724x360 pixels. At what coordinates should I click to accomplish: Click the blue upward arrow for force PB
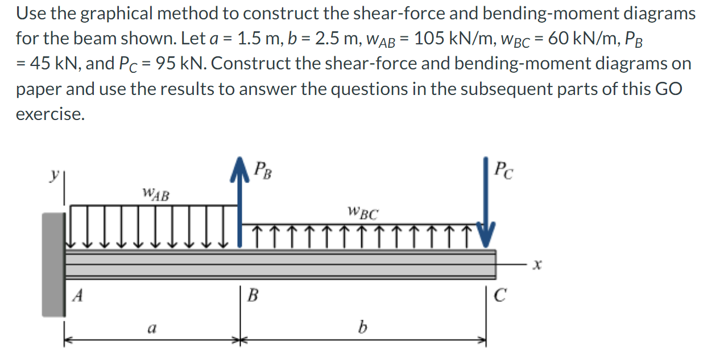[238, 205]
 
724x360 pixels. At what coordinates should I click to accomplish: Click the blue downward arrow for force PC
[486, 205]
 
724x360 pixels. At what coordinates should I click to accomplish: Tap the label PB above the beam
[262, 169]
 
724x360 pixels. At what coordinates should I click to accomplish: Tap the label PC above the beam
[504, 169]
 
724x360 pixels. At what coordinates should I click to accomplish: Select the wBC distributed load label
[362, 214]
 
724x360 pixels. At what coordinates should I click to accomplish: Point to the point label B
[254, 295]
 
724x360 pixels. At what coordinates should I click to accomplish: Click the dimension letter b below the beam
[361, 327]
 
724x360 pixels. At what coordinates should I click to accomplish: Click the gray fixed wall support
[53, 264]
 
